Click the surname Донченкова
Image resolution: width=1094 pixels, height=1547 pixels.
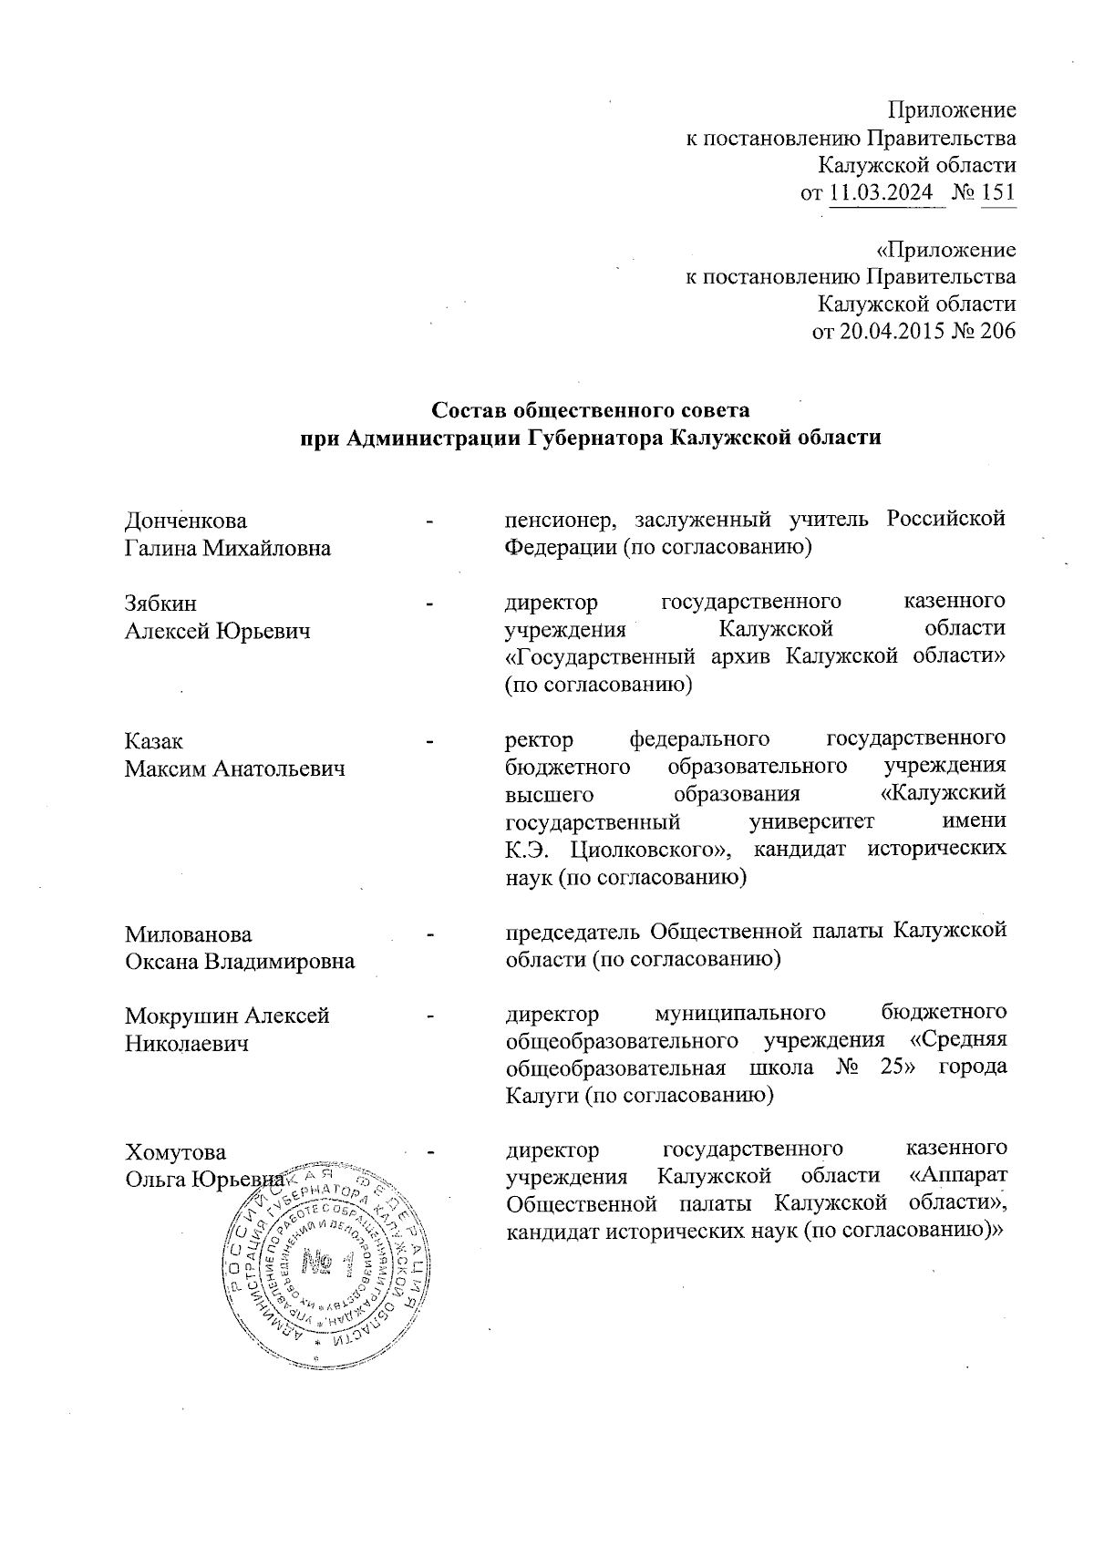(x=185, y=521)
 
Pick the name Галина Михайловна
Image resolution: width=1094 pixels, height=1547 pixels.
(x=227, y=549)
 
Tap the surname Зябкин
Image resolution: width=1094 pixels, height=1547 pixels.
(x=160, y=603)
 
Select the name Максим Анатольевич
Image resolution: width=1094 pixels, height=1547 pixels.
(x=235, y=769)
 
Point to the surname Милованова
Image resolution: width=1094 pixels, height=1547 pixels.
(x=189, y=934)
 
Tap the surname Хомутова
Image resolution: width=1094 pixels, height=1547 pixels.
(x=175, y=1151)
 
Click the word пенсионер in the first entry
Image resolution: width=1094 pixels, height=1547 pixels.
(x=552, y=521)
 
